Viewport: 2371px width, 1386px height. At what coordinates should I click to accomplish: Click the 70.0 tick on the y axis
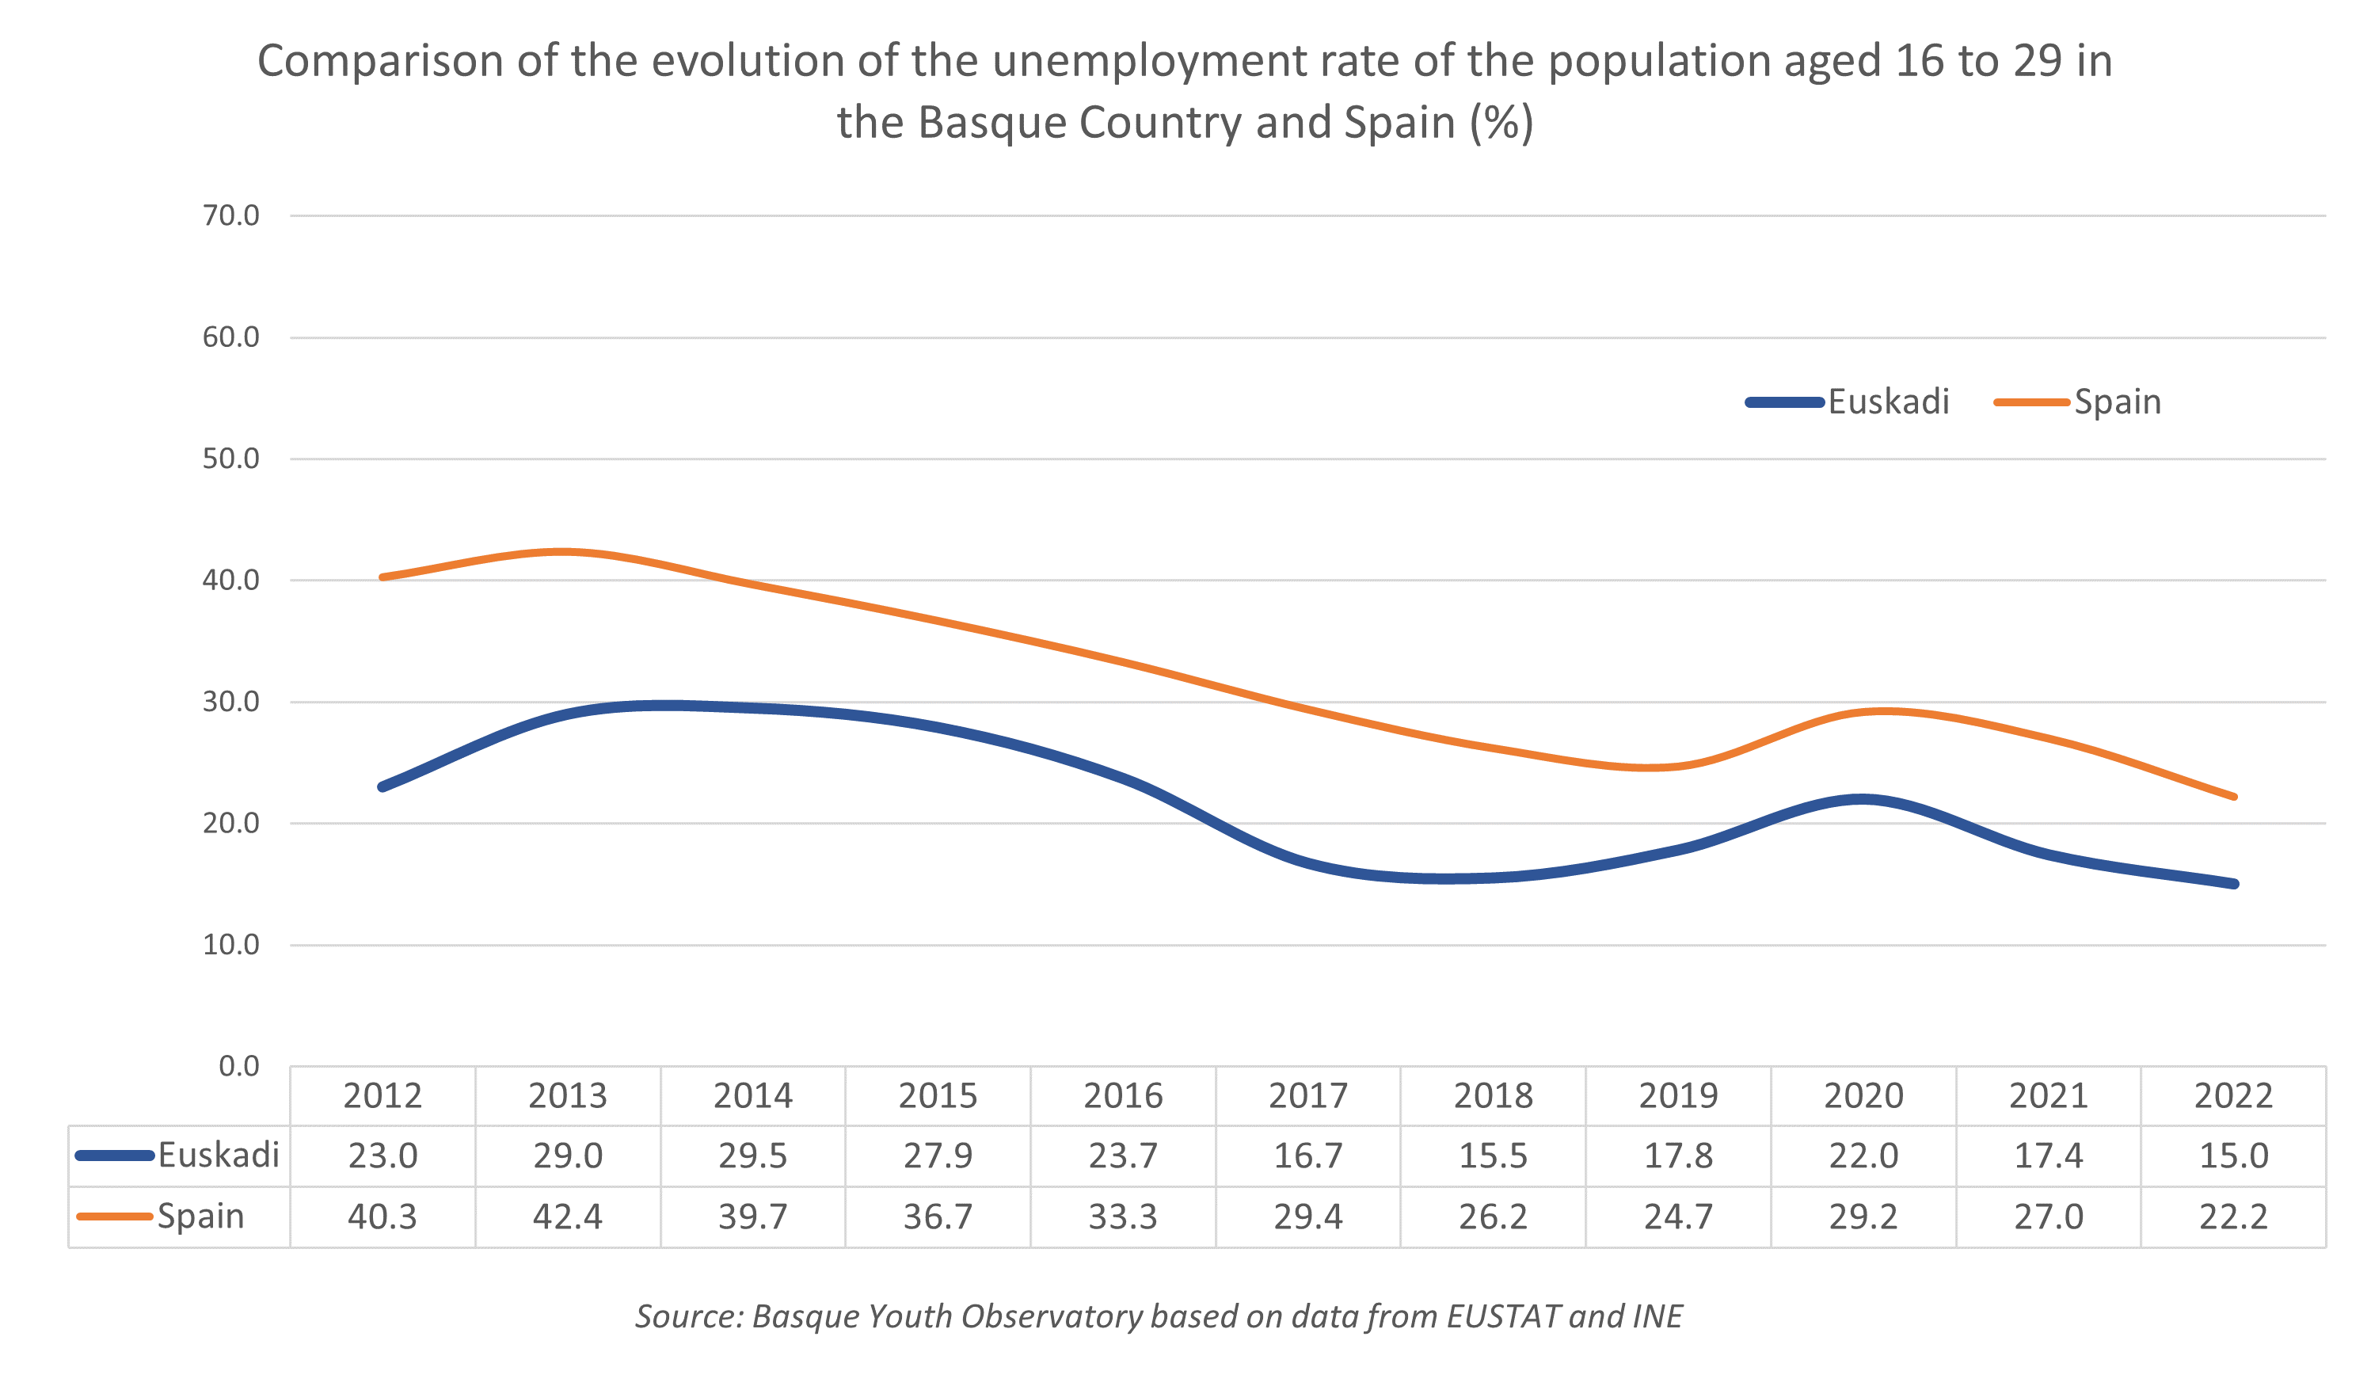(x=230, y=215)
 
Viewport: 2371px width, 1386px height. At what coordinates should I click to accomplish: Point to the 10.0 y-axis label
(x=230, y=945)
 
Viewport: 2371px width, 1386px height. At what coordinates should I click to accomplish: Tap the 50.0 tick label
(x=230, y=459)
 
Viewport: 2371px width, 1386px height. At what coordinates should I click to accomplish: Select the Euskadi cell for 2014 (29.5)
(x=752, y=1156)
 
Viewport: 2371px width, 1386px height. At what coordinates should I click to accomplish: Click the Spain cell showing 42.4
(x=567, y=1217)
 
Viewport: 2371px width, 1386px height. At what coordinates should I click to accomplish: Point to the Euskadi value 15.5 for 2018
(x=1494, y=1156)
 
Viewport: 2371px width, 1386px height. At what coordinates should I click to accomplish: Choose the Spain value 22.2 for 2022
(x=2234, y=1217)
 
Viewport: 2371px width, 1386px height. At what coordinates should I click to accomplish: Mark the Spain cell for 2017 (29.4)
(x=1307, y=1217)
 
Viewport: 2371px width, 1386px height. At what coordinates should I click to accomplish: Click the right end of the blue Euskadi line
(x=2235, y=884)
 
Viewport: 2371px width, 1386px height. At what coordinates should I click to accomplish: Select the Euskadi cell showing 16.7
(x=1307, y=1156)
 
